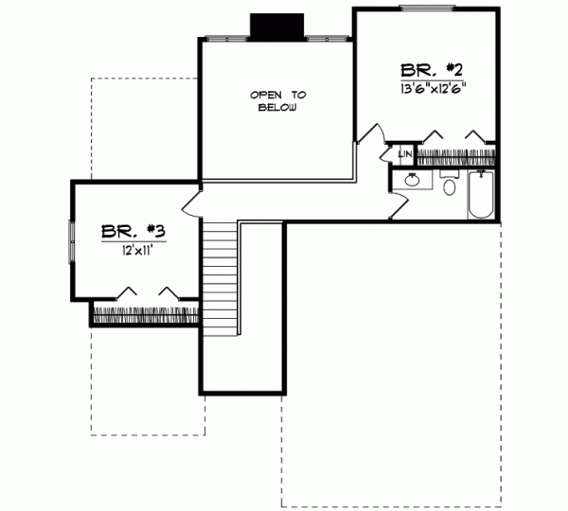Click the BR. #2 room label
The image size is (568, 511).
click(x=430, y=69)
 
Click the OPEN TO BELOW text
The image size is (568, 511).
click(x=277, y=101)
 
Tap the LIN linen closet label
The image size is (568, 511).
click(x=404, y=152)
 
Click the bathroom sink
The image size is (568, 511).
click(x=413, y=180)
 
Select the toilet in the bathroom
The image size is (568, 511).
click(x=450, y=185)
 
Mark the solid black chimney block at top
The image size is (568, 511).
click(x=276, y=27)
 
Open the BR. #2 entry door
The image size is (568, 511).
click(x=369, y=136)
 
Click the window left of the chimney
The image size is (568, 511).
click(x=226, y=39)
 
